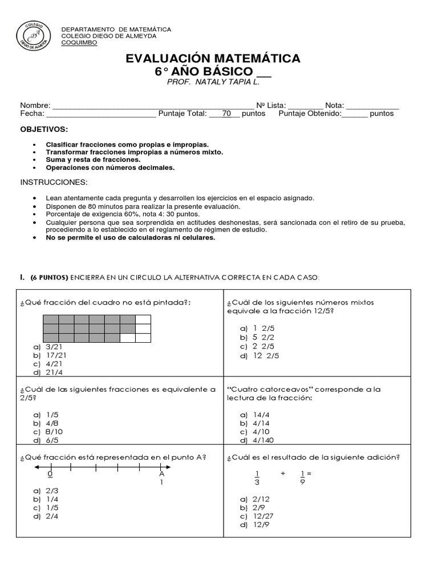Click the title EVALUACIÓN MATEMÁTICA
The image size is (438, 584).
tap(213, 58)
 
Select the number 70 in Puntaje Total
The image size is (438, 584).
tap(226, 113)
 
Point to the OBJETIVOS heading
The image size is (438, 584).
tap(44, 130)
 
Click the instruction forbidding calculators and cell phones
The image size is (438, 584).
tap(130, 238)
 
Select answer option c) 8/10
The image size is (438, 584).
tap(48, 432)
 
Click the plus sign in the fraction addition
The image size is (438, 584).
tap(282, 474)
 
